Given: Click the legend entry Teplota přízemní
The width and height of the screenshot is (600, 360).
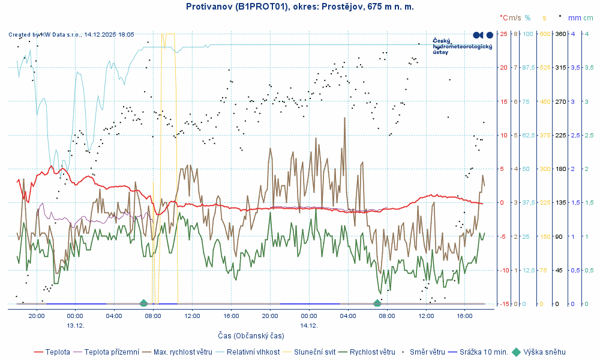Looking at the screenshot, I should click(111, 352).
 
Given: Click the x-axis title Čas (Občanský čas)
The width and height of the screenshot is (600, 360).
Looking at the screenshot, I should click(251, 336).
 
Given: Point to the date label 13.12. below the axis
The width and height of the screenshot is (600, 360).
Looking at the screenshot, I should click(75, 325).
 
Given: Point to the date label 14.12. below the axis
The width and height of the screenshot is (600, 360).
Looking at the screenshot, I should click(309, 325).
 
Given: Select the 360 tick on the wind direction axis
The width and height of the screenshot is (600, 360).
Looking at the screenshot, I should click(560, 34).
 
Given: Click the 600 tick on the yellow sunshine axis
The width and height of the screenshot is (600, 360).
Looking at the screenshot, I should click(545, 34).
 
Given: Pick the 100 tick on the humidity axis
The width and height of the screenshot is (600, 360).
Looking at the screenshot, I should click(528, 34).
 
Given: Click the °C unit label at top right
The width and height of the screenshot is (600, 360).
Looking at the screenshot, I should click(503, 18).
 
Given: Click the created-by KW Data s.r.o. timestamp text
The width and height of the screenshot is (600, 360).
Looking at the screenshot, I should click(71, 35).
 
